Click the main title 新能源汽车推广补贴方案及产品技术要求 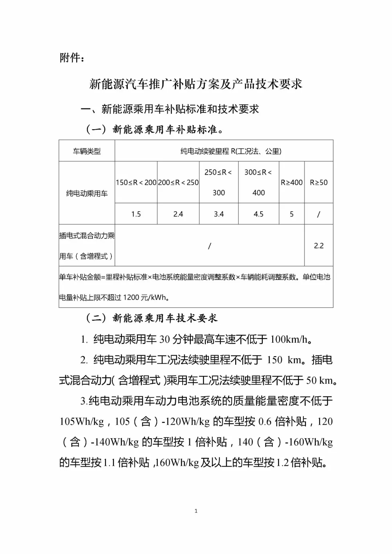tap(196, 84)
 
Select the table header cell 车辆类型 tap(87, 151)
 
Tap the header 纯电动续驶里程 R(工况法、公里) tap(231, 151)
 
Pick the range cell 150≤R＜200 tap(136, 183)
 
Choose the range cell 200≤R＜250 tap(178, 183)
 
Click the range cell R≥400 tap(291, 183)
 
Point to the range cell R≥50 tap(319, 183)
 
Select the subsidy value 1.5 tap(136, 214)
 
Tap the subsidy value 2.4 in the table tap(178, 214)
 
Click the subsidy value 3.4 tap(219, 214)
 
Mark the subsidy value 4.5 tap(258, 214)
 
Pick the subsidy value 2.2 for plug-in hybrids tap(319, 246)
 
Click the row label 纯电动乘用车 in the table tap(87, 194)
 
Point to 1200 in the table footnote tap(131, 298)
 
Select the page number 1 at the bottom tap(196, 511)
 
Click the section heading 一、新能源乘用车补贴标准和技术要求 tap(170, 109)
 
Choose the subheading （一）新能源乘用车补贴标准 tap(154, 130)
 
